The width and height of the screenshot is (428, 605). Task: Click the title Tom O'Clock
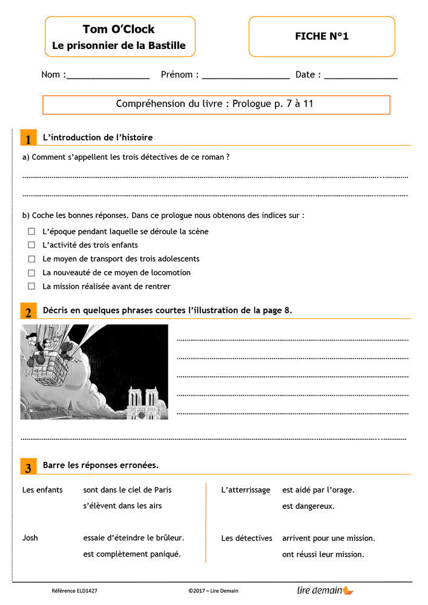pyautogui.click(x=119, y=29)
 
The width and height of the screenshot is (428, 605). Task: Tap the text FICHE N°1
pyautogui.click(x=321, y=36)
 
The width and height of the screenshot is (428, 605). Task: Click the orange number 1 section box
pyautogui.click(x=28, y=139)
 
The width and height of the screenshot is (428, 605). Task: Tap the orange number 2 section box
pyautogui.click(x=28, y=312)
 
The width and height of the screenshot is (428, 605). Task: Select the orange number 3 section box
pyautogui.click(x=28, y=467)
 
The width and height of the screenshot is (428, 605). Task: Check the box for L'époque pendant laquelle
pyautogui.click(x=31, y=231)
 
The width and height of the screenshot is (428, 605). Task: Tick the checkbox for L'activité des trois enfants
pyautogui.click(x=31, y=245)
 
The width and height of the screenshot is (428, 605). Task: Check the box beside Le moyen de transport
pyautogui.click(x=31, y=259)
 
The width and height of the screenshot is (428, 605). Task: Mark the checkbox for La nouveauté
pyautogui.click(x=31, y=273)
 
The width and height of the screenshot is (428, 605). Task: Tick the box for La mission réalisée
pyautogui.click(x=31, y=286)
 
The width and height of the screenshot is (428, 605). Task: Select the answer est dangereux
pyautogui.click(x=308, y=506)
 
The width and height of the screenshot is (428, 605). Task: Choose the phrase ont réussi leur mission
pyautogui.click(x=323, y=554)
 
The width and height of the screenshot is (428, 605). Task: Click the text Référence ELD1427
pyautogui.click(x=74, y=590)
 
